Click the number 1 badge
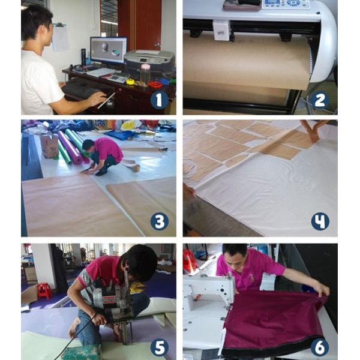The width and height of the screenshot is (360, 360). pyautogui.click(x=159, y=100)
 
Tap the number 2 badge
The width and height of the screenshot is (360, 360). pyautogui.click(x=320, y=100)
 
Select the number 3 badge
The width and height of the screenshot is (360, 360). pyautogui.click(x=160, y=221)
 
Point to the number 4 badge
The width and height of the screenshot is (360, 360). pyautogui.click(x=320, y=221)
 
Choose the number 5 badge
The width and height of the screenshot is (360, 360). pyautogui.click(x=160, y=347)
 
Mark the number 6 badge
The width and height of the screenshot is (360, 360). pyautogui.click(x=320, y=347)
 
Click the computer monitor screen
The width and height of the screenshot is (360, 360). pyautogui.click(x=109, y=50)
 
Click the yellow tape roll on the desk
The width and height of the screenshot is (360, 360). pyautogui.click(x=130, y=82)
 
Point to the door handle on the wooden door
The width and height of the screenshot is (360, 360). pyautogui.click(x=157, y=45)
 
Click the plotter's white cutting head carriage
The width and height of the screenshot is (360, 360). pyautogui.click(x=222, y=31)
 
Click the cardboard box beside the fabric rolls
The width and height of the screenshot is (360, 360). pyautogui.click(x=49, y=146)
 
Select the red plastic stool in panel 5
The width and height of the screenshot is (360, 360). pyautogui.click(x=45, y=291)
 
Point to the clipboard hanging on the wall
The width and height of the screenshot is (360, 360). pyautogui.click(x=60, y=37)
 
